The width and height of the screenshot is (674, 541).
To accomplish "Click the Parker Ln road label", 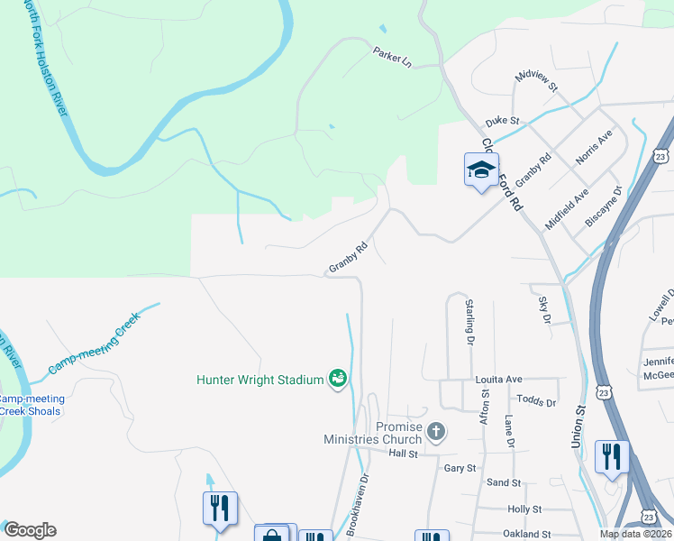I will [x=392, y=58].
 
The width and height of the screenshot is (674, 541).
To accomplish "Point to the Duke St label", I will [x=503, y=121].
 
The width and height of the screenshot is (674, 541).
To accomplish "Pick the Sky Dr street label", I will [x=544, y=309].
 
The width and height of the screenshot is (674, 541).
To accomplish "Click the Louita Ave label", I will [x=499, y=381].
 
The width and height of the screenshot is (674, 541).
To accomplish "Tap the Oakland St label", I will [x=528, y=535].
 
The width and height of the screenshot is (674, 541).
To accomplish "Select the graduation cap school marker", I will [x=481, y=169].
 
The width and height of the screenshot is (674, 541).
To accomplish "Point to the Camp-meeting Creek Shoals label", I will [x=29, y=405].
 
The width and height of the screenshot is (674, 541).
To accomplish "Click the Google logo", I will [x=30, y=530].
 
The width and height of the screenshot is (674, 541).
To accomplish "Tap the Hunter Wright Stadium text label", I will [x=260, y=380].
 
